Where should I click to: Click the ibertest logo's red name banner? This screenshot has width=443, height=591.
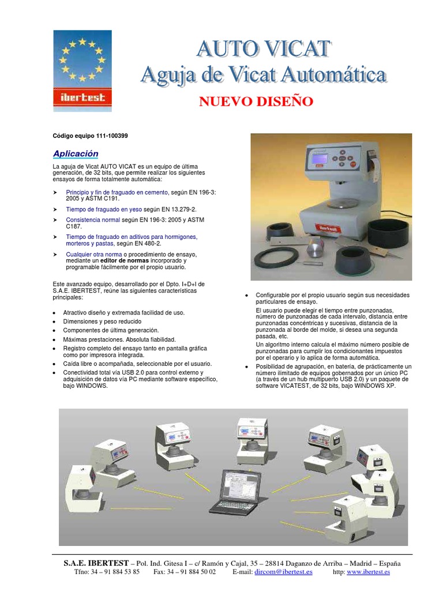coord(82,98)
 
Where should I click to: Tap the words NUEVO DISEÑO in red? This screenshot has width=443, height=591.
coord(256,102)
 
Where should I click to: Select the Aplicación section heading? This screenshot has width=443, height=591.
coord(76,154)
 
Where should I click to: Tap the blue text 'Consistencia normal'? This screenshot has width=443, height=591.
coord(93,220)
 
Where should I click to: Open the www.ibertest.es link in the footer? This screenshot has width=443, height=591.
coord(368,572)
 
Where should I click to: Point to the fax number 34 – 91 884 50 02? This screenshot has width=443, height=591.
coord(185,572)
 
